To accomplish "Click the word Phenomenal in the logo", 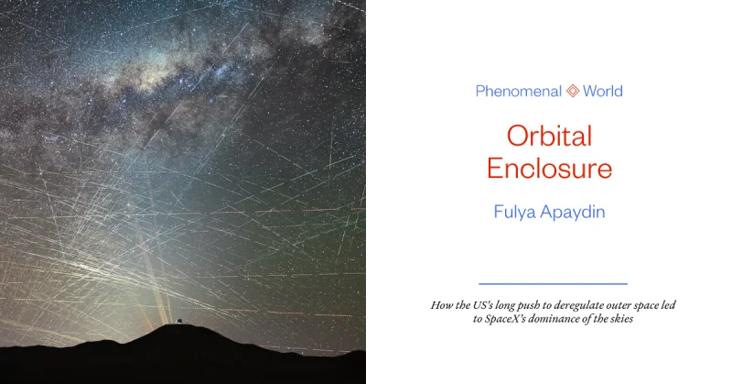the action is click(518, 91).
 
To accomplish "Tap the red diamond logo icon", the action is click(573, 91).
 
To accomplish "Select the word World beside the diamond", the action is click(603, 91).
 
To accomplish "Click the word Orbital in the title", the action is click(550, 136).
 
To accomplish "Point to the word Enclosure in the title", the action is click(550, 169).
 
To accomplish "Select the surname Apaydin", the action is click(573, 213).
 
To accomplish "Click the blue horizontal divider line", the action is click(554, 283).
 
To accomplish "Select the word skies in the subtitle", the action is click(622, 319).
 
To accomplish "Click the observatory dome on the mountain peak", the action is click(178, 321).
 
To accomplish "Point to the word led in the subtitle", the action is click(669, 305).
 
